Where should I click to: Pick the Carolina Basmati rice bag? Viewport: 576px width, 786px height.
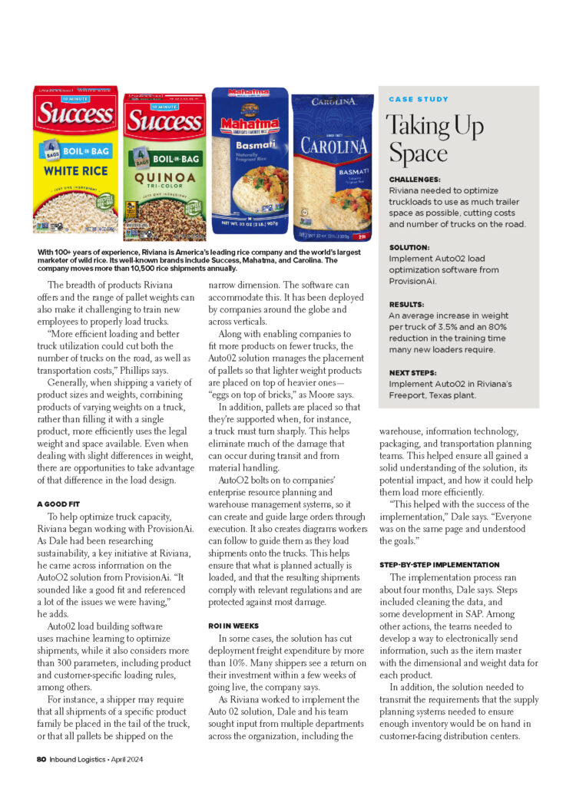(333, 165)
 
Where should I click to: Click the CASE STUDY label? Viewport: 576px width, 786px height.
(419, 100)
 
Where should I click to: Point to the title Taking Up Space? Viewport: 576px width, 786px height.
(435, 139)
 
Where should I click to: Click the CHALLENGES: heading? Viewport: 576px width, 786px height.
(415, 179)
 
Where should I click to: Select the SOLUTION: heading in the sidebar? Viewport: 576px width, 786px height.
(409, 248)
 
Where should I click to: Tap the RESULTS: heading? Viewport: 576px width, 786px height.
(406, 304)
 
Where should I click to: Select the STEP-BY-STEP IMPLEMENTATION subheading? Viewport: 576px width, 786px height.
(439, 565)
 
